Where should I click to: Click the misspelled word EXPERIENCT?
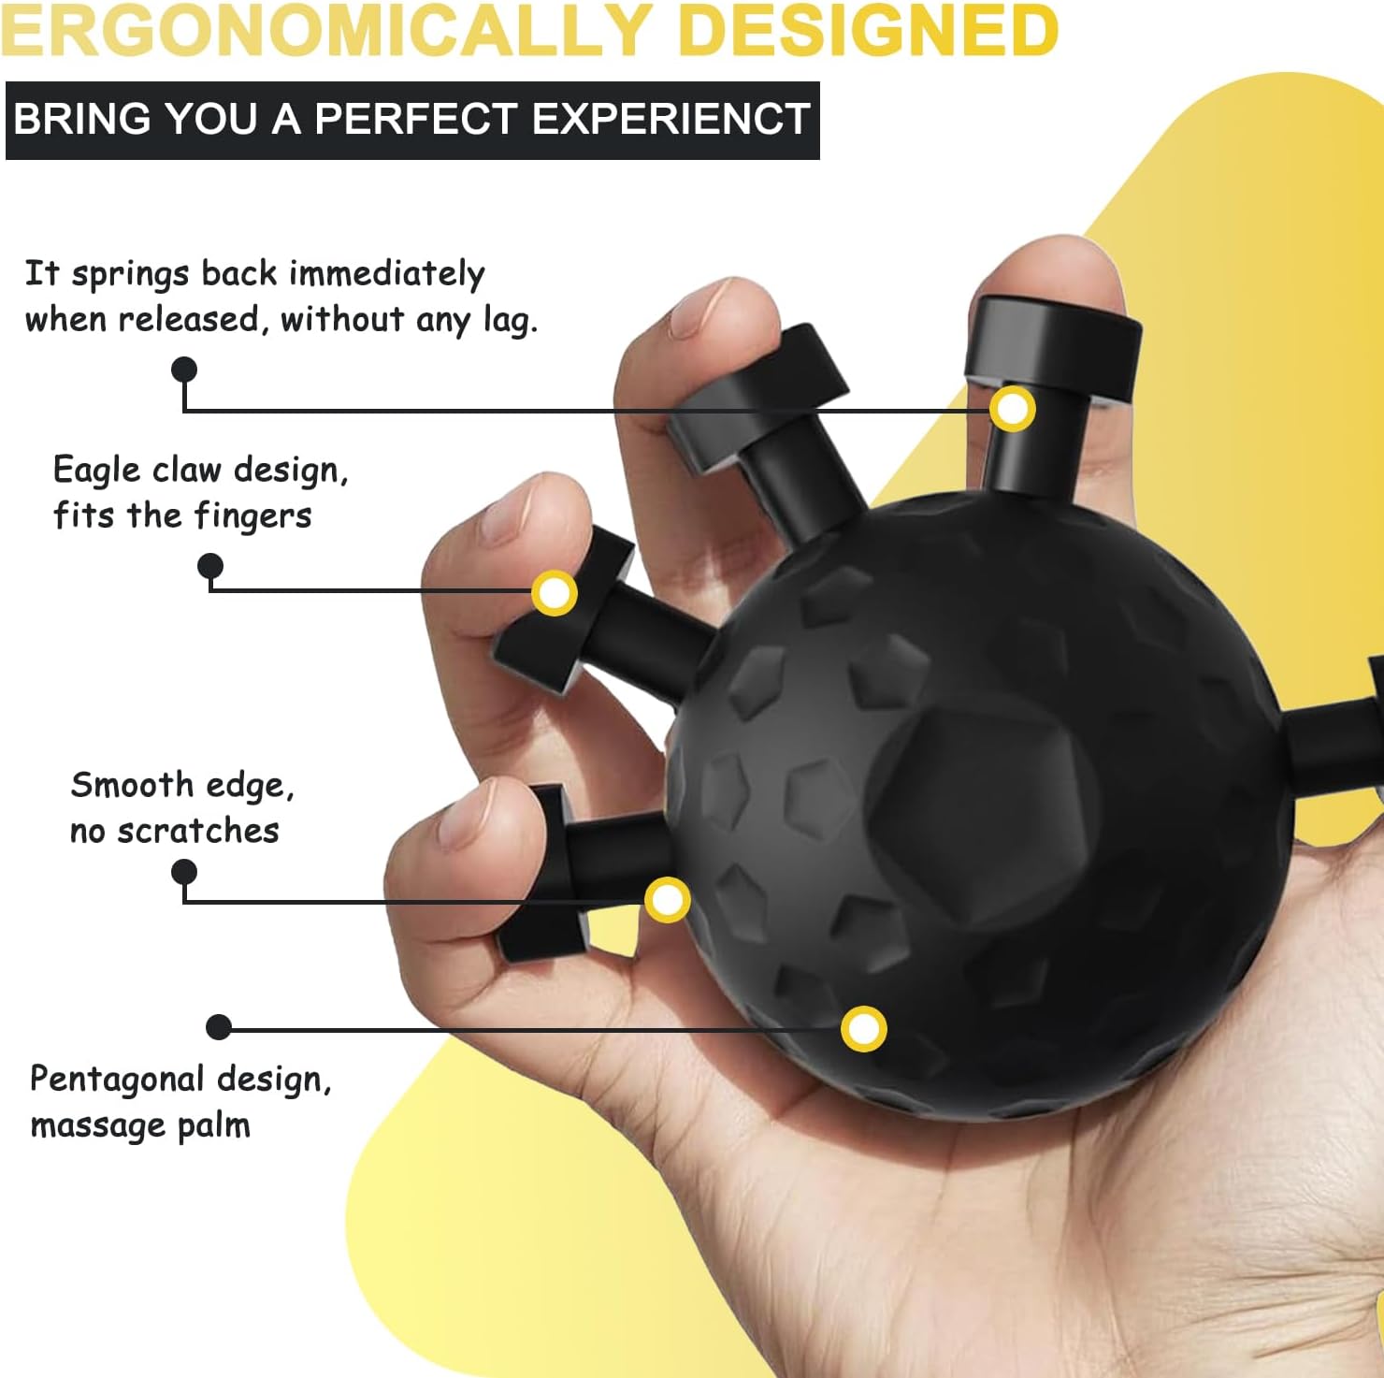(670, 119)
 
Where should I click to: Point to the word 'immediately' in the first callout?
(386, 273)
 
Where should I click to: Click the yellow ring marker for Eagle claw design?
(555, 593)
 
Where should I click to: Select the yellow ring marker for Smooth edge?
(668, 900)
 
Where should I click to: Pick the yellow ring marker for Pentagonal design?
(863, 1029)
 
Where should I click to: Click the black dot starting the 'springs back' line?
(184, 370)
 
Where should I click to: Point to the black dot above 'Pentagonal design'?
(219, 1027)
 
